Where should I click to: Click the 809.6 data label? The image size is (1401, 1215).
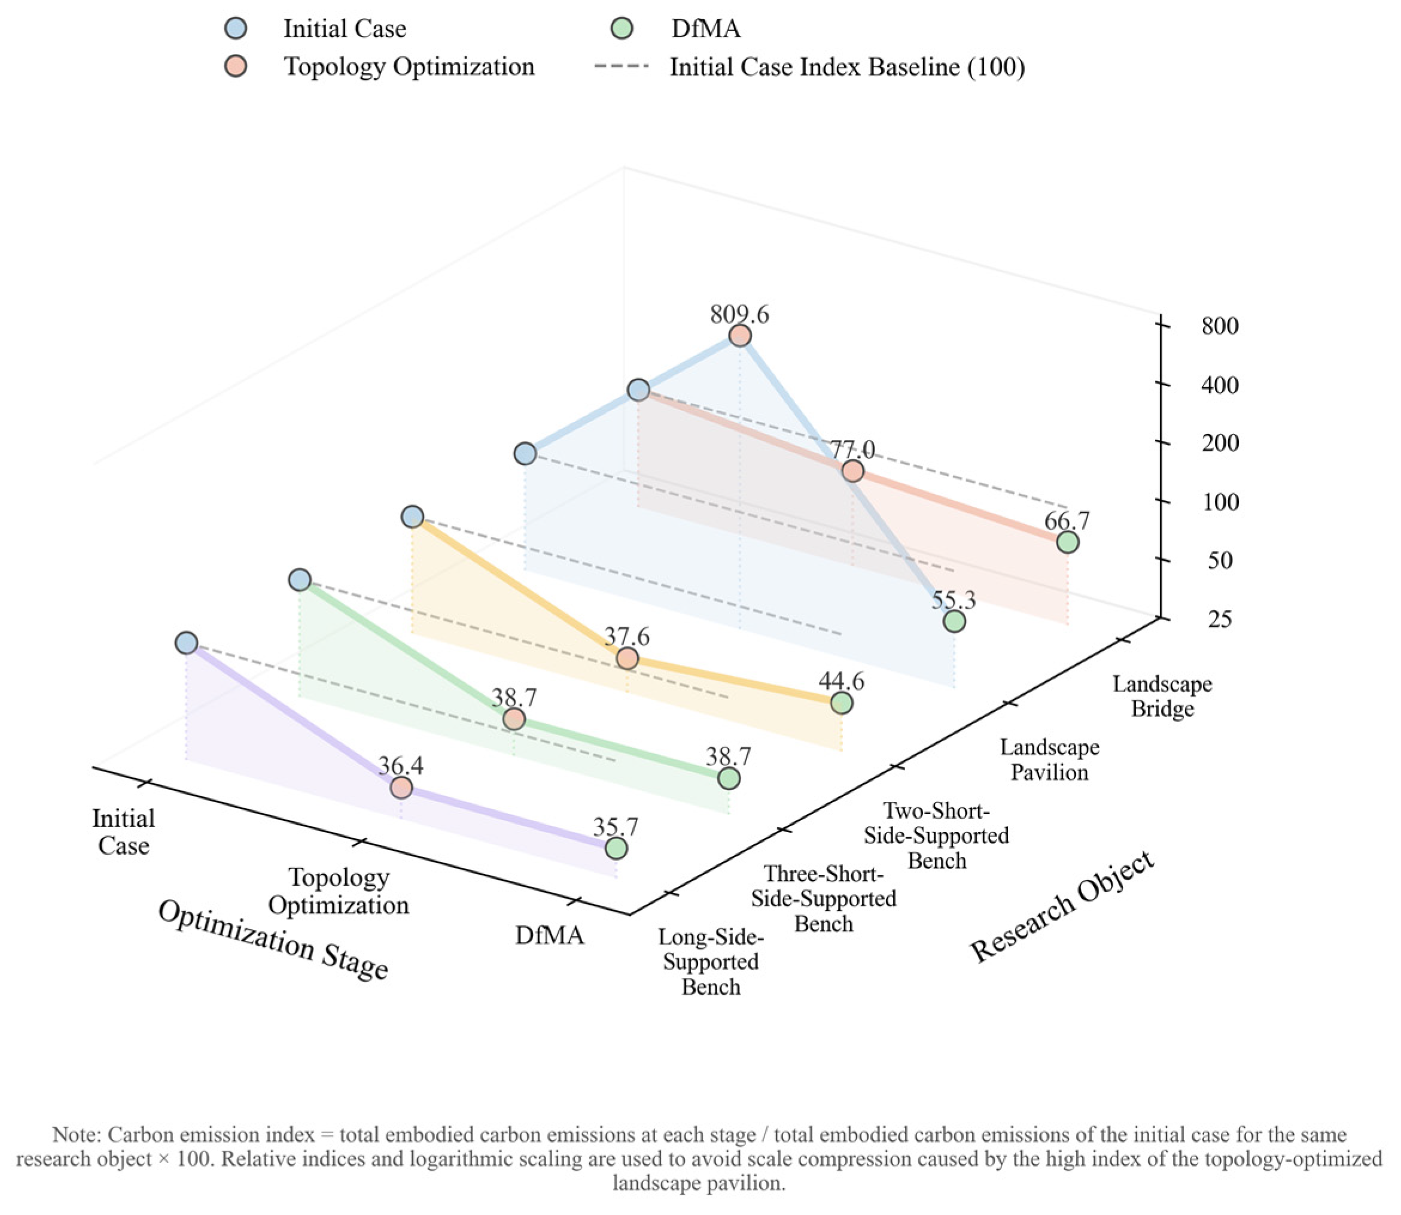coord(739,315)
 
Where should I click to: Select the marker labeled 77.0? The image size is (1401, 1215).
coord(852,470)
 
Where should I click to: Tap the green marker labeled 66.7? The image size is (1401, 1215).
coord(1068,542)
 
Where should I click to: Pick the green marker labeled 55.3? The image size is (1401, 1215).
coord(954,621)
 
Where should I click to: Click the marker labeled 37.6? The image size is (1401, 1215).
coord(627,658)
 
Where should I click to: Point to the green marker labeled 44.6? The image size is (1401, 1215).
coord(841,703)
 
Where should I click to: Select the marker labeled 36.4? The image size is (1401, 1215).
coord(401,788)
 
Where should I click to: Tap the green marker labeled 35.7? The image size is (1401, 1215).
coord(616,848)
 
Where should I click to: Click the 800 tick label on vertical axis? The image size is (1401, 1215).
coord(1220,326)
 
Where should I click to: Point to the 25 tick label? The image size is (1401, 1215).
coord(1219,619)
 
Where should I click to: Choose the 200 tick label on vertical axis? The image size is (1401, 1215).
coord(1220,443)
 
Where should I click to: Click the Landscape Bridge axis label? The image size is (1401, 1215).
coord(1162,696)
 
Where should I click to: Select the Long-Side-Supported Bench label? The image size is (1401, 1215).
coord(711,962)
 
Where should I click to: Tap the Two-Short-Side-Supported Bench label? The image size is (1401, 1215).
coord(937,836)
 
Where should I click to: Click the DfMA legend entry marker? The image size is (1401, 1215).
coord(622,29)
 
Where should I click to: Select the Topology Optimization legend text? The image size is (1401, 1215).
coord(409,66)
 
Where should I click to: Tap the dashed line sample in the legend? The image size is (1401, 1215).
coord(622,66)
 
